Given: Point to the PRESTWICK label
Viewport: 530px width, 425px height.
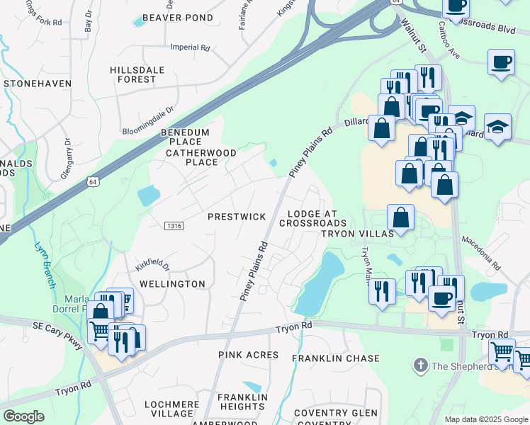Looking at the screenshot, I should [x=237, y=217].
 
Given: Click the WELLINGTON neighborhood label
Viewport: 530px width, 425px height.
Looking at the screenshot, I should [x=172, y=284].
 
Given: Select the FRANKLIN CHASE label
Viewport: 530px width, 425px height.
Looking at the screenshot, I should [x=337, y=358].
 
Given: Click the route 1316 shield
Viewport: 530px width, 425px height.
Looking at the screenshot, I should [x=174, y=225].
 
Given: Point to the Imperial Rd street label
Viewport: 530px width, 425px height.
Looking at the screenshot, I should [x=191, y=48].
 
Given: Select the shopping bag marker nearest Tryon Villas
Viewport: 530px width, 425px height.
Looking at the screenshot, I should [x=401, y=217].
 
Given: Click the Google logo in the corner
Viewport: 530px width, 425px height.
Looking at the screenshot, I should [x=24, y=416].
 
